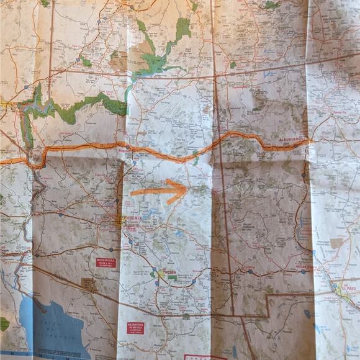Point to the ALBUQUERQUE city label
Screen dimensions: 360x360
290,140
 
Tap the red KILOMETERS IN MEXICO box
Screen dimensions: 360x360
135,327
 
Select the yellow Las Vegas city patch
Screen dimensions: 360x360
9,106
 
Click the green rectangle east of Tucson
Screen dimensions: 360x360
172,277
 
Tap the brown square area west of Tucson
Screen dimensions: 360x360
89,284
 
